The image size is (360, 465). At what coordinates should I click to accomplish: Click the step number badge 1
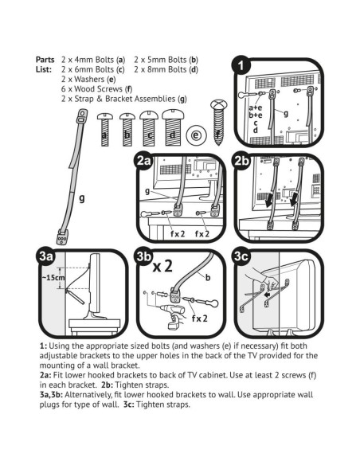pos(241,65)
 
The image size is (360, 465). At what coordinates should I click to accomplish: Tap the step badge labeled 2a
pos(144,160)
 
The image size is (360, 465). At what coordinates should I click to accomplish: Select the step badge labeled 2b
pos(241,160)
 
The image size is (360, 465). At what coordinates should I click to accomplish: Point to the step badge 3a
pos(46,256)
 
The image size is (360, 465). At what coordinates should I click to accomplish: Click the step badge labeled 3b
pos(144,256)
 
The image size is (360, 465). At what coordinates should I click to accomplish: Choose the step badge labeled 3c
pos(241,256)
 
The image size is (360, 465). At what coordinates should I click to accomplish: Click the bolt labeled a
pos(104,129)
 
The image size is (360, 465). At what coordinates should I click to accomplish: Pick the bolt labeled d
pos(173,128)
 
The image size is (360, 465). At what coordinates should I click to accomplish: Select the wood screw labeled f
pos(218,122)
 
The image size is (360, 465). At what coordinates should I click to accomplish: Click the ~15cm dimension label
pos(53,278)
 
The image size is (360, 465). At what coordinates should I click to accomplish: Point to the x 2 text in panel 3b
pos(162,266)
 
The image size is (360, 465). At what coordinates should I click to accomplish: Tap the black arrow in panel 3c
pos(268,295)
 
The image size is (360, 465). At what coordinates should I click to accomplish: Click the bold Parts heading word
pos(45,60)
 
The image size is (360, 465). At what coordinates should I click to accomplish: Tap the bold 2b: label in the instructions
pos(107,385)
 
